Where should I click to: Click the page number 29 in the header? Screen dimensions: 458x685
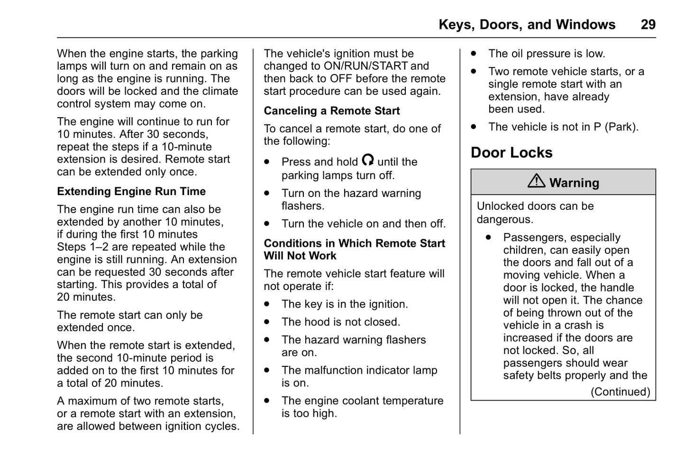[648, 25]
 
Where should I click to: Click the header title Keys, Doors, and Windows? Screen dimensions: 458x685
[527, 25]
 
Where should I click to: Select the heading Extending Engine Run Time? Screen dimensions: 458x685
[131, 191]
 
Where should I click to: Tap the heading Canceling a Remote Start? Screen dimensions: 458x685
[332, 111]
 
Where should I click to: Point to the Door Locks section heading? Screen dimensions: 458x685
[511, 152]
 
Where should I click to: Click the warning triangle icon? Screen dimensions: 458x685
[536, 181]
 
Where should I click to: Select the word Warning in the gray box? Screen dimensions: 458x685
[574, 183]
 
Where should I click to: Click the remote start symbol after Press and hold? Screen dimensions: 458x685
[367, 159]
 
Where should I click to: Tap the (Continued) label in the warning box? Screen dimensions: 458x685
[620, 392]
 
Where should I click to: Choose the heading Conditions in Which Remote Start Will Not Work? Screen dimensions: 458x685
[354, 249]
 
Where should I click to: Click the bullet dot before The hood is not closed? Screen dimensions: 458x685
[267, 322]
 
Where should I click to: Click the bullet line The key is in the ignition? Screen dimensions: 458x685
[344, 304]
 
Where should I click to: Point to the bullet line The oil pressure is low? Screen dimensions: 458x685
[547, 54]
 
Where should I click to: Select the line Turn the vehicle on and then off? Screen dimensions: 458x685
[363, 224]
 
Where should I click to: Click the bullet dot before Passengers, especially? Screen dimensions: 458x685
[488, 237]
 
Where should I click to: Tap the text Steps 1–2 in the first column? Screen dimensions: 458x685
[83, 247]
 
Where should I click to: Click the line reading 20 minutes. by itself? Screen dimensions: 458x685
[86, 297]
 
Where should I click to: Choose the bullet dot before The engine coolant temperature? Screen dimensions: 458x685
[267, 401]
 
